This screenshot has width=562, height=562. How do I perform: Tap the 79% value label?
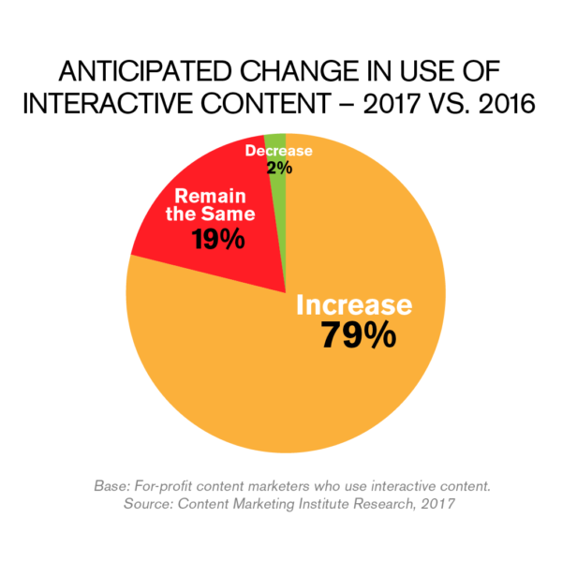[357, 334]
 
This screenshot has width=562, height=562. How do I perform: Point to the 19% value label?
[217, 239]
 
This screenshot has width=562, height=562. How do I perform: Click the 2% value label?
[279, 169]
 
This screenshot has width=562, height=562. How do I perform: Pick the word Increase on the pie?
[354, 304]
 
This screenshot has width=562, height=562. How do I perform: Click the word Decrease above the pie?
[278, 151]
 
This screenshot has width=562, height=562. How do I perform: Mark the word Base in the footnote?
[112, 487]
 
